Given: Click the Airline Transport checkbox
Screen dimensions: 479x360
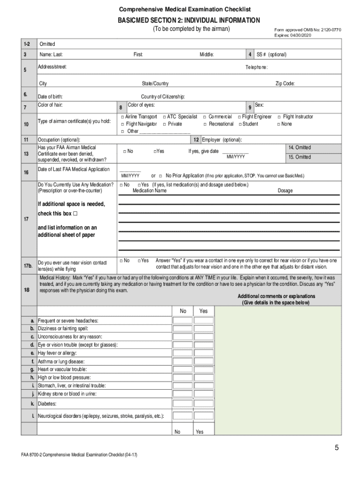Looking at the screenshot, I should tap(122, 117).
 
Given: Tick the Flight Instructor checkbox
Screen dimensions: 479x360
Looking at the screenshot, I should tap(279, 117).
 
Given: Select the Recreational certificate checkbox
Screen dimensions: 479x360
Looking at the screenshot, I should tap(205, 124).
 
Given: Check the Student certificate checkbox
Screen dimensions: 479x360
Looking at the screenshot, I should tap(240, 124).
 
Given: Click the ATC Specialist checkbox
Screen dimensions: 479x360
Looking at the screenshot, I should tap(164, 117).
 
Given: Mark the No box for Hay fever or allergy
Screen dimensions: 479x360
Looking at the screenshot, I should tap(182, 353).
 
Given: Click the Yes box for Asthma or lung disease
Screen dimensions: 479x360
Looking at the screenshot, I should tap(203, 362).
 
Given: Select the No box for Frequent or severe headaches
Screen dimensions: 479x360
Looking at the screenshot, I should tap(182, 320).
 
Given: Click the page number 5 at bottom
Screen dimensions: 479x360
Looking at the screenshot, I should tap(336, 448).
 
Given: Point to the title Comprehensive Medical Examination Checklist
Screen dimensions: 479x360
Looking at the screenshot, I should tap(185, 9).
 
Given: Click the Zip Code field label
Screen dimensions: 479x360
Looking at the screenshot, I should tap(285, 84).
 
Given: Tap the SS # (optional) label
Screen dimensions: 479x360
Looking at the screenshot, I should tap(271, 55).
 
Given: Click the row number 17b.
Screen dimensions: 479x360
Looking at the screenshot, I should tap(28, 266).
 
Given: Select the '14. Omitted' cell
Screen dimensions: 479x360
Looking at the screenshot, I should tap(299, 148).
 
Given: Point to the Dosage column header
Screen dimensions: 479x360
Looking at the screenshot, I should tap(285, 191).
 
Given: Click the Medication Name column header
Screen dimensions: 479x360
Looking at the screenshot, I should tap(149, 191).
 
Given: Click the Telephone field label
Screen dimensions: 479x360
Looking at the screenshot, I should tap(257, 67).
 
